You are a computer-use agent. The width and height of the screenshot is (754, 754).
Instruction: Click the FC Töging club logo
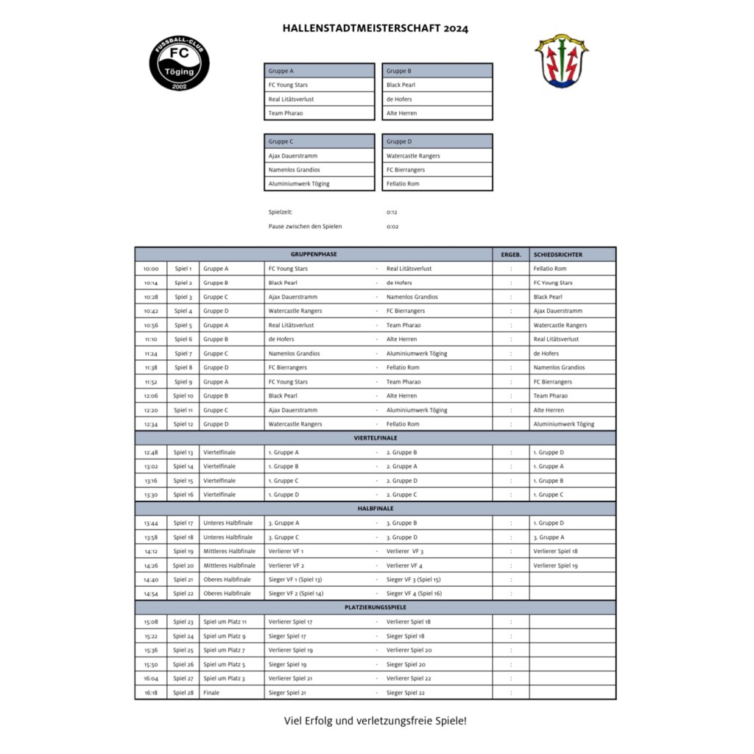click(x=180, y=63)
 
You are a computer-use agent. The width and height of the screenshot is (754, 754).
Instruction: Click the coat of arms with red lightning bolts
click(x=561, y=61)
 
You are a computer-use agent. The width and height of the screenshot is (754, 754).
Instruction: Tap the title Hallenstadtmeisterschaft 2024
click(x=375, y=29)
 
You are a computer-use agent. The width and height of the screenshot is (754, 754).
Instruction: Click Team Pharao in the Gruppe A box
click(x=286, y=113)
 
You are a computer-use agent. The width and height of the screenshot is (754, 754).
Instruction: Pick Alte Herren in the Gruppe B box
click(x=401, y=113)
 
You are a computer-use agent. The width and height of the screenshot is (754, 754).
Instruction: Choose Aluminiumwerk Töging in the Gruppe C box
click(x=299, y=184)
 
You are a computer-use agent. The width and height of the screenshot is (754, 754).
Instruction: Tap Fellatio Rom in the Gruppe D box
click(x=403, y=184)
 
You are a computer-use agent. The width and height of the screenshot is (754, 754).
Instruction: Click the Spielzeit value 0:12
click(x=392, y=212)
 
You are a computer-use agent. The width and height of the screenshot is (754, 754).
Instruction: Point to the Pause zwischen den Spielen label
click(x=305, y=227)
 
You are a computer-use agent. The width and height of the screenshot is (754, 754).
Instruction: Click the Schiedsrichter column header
click(x=557, y=255)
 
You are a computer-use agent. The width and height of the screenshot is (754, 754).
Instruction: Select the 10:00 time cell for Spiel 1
click(x=151, y=269)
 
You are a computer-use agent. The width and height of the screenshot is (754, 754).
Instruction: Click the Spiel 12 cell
click(x=183, y=424)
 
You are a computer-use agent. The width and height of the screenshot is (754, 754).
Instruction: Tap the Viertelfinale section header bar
click(x=375, y=438)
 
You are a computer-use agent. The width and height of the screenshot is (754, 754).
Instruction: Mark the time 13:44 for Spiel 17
click(x=151, y=524)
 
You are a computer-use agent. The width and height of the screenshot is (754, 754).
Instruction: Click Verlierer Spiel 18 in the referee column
click(x=555, y=552)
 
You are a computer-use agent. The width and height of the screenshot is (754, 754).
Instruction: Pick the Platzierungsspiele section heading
click(x=375, y=607)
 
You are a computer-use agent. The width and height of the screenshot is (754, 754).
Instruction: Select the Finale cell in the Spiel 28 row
click(x=211, y=693)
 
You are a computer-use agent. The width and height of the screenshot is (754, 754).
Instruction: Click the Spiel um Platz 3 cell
click(x=224, y=678)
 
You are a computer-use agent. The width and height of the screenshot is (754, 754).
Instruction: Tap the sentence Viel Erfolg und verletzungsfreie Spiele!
click(x=375, y=721)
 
